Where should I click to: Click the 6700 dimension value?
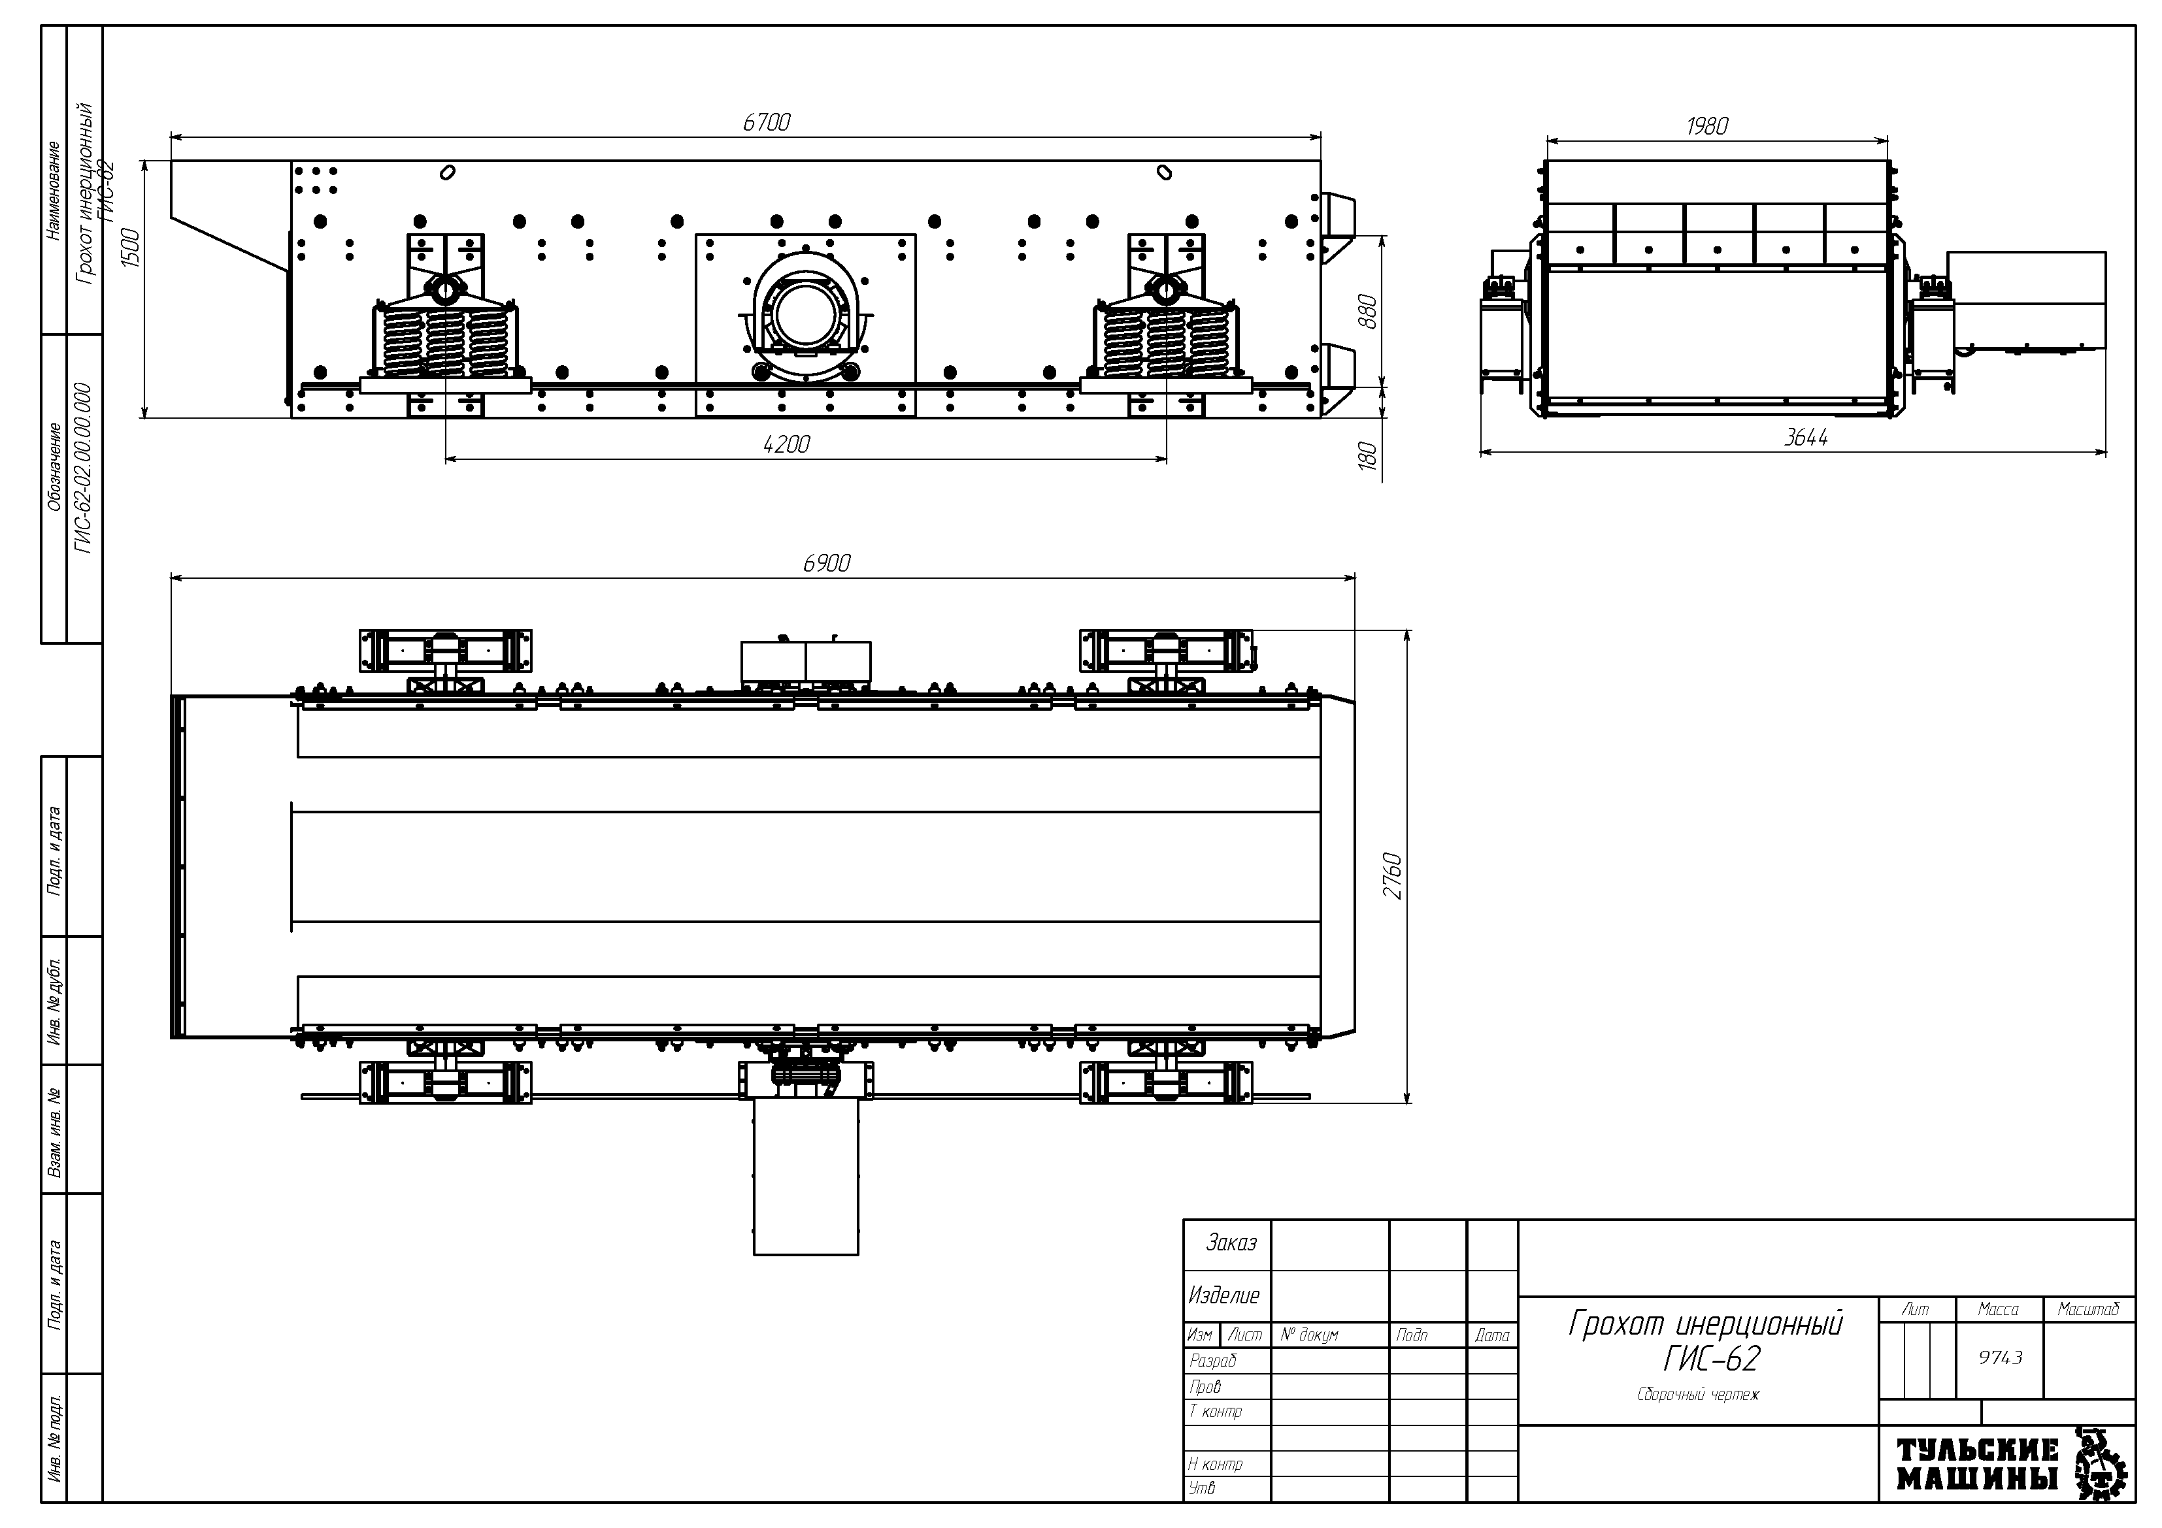coord(767,122)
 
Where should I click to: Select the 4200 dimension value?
coord(786,444)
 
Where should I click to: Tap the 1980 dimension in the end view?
coord(1707,126)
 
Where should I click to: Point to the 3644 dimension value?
coord(1806,438)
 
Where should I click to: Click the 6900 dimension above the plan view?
coord(827,563)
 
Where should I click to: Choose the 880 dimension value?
coord(1368,312)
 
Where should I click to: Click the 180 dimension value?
coord(1368,457)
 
